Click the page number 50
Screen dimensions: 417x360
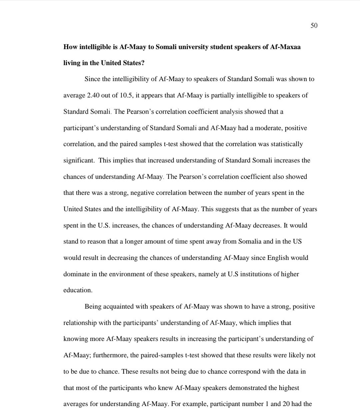click(x=314, y=26)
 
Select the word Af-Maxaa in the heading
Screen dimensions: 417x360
click(x=286, y=47)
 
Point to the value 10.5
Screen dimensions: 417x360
click(x=127, y=95)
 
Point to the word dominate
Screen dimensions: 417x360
click(x=76, y=274)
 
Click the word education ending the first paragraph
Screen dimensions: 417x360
click(x=77, y=290)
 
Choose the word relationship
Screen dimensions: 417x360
click(x=80, y=323)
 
